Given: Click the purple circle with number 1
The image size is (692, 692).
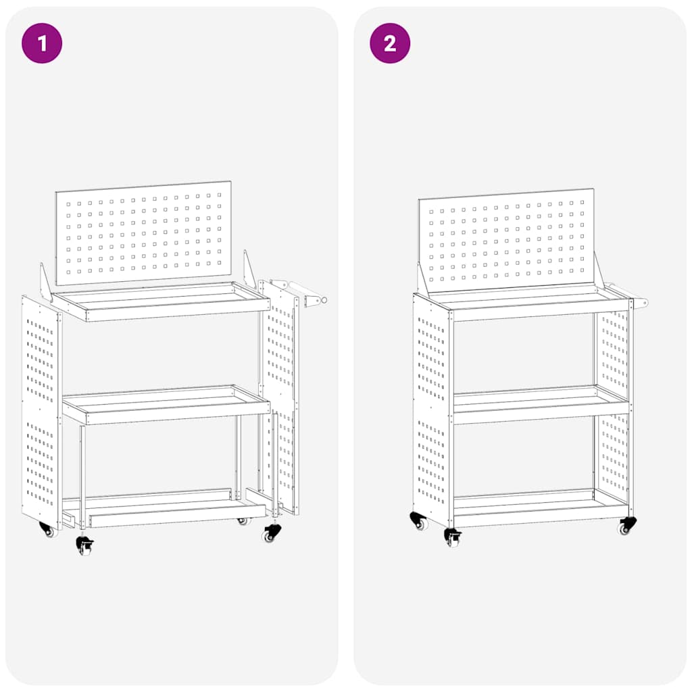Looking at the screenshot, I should [x=42, y=43].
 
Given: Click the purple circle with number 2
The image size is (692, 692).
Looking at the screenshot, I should [x=390, y=43].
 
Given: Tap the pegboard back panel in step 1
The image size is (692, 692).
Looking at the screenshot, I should [x=143, y=232].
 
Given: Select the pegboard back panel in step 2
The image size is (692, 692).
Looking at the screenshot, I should [x=507, y=241].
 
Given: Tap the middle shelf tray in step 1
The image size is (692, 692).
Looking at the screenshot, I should [x=166, y=405].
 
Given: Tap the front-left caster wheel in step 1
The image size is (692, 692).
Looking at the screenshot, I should [x=84, y=545].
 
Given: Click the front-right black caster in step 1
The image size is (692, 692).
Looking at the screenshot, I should [x=271, y=533].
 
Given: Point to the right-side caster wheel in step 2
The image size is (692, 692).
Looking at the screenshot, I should [x=627, y=526].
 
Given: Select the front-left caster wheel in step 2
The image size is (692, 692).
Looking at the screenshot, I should [x=452, y=538].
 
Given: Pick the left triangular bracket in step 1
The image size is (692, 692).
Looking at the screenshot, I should [x=45, y=284].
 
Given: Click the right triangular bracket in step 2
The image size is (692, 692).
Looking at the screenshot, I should [x=597, y=272].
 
